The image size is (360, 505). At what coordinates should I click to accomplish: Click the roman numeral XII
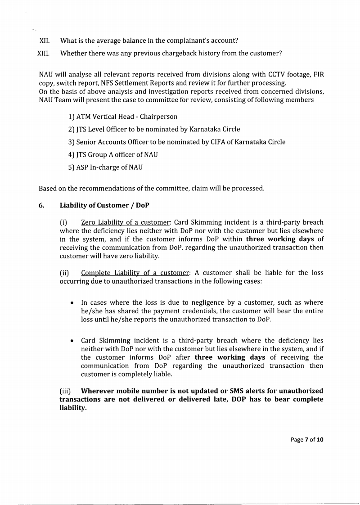[45, 41]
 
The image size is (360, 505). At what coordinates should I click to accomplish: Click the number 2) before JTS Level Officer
[72, 129]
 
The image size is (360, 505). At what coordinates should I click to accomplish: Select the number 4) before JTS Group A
[72, 154]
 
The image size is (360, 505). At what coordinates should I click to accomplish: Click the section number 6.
[41, 205]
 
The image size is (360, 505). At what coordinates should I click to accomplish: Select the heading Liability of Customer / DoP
[104, 205]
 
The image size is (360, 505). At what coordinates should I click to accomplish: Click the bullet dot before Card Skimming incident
[72, 341]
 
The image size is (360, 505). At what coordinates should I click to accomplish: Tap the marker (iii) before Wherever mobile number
[66, 391]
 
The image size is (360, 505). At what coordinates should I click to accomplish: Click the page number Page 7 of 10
[306, 439]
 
